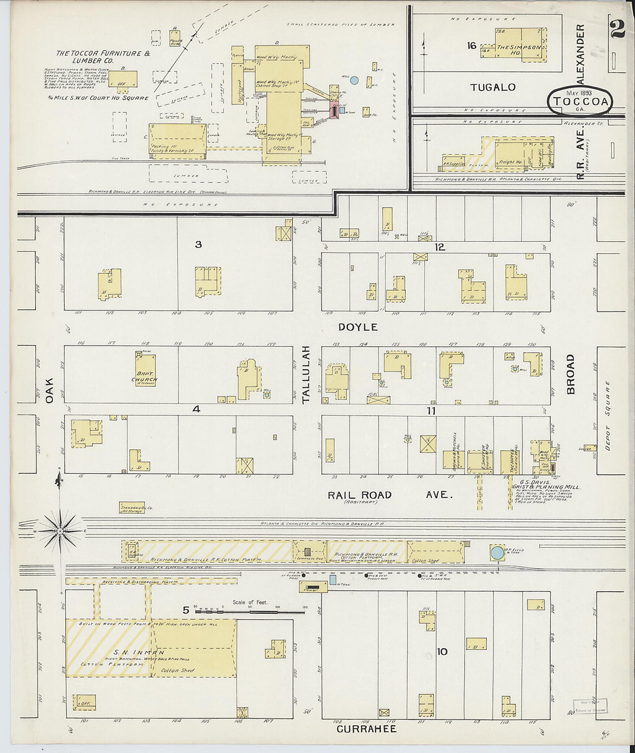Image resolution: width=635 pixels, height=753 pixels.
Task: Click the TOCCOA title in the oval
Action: pyautogui.click(x=581, y=102)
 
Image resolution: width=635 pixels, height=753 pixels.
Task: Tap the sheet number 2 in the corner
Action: pyautogui.click(x=617, y=28)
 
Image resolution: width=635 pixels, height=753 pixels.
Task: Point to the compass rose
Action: pyautogui.click(x=61, y=530)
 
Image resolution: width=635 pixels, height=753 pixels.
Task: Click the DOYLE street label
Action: pyautogui.click(x=358, y=327)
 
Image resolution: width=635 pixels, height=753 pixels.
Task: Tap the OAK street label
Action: pyautogui.click(x=50, y=391)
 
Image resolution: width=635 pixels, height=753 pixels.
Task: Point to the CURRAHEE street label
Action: pyautogui.click(x=367, y=729)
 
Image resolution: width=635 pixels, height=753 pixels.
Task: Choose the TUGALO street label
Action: pyautogui.click(x=492, y=88)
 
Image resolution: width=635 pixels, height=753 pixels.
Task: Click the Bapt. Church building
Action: pyautogui.click(x=145, y=370)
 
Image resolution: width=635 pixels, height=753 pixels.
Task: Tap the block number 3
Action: pyautogui.click(x=198, y=245)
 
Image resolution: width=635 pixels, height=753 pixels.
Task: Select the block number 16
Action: pyautogui.click(x=472, y=46)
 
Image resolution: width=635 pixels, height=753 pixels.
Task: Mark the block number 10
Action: pyautogui.click(x=442, y=652)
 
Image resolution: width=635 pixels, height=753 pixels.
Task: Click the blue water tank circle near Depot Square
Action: pyautogui.click(x=497, y=553)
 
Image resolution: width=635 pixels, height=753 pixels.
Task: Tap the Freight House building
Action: pyautogui.click(x=511, y=156)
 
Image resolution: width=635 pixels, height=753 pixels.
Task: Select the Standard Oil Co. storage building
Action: pyautogui.click(x=132, y=508)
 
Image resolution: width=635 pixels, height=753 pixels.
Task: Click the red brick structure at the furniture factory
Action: pyautogui.click(x=334, y=110)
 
